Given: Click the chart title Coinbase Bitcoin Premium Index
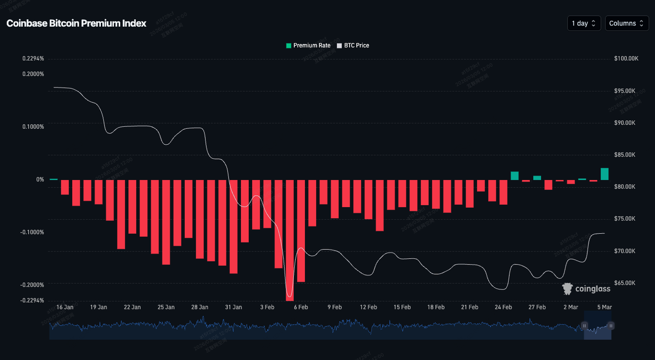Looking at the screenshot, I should tap(76, 24).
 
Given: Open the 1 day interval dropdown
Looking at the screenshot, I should tap(584, 24).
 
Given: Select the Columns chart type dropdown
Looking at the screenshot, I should tap(627, 24).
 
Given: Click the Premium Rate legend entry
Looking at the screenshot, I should tap(308, 46).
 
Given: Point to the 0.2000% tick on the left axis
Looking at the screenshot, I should tap(33, 74).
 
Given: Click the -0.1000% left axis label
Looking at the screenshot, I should tap(33, 232).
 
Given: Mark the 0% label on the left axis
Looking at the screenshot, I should tap(40, 179).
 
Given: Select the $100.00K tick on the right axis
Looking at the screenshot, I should tap(626, 59).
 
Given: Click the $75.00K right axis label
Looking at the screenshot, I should tap(625, 219).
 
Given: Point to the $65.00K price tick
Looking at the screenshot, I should tap(625, 283).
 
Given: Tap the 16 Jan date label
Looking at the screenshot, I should tap(65, 307).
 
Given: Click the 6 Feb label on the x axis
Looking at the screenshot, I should tap(300, 307).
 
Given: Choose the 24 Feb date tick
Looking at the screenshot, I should tap(503, 307).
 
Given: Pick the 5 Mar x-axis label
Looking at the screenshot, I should tap(604, 307).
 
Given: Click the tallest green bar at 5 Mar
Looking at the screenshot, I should tap(604, 174).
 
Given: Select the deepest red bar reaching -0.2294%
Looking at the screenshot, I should tap(290, 240).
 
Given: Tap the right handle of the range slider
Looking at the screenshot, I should tap(611, 326).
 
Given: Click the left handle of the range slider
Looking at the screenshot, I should tap(584, 326).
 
